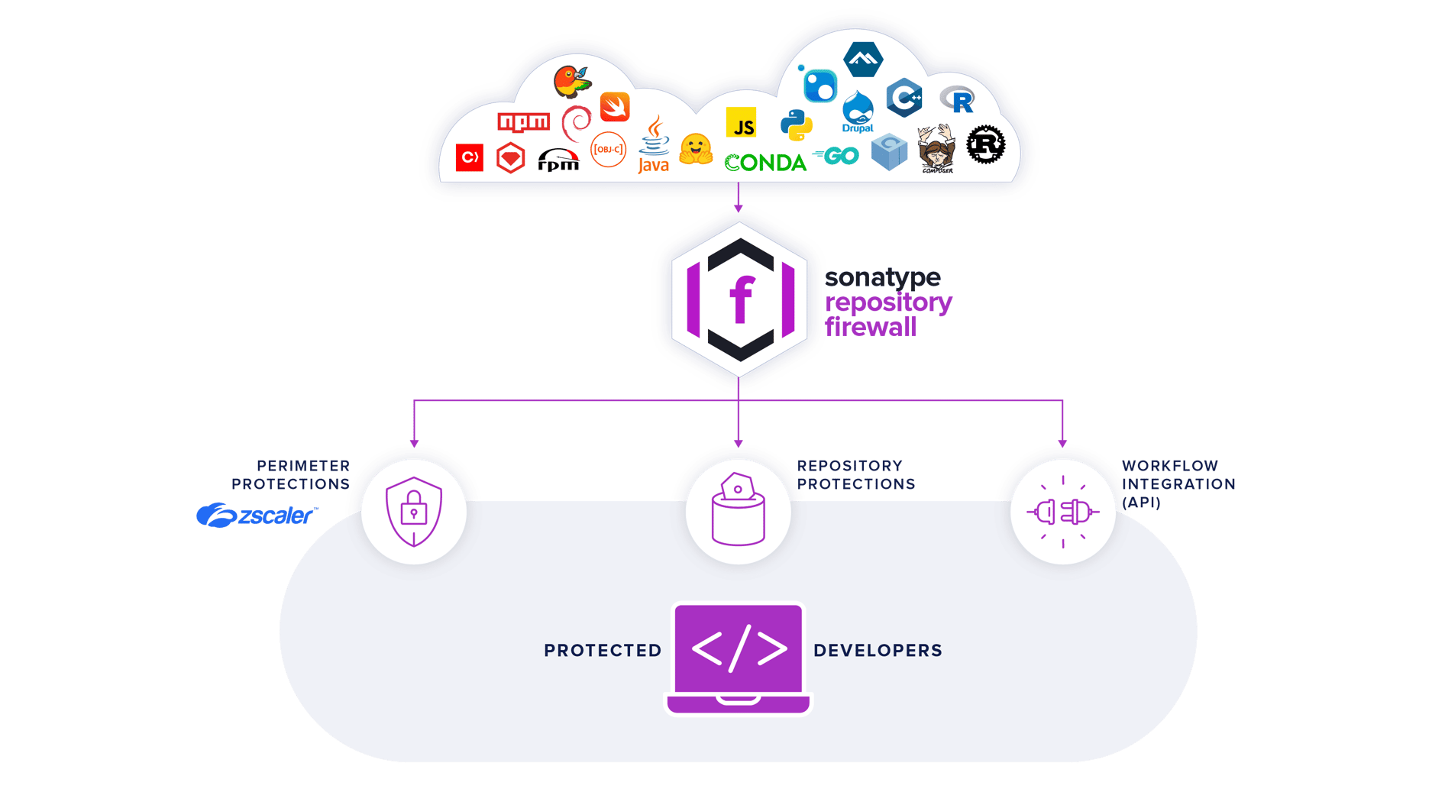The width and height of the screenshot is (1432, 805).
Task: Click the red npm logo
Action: (523, 122)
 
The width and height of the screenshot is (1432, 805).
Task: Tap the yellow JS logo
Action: (741, 123)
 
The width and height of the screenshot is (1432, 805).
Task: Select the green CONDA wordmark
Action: (765, 163)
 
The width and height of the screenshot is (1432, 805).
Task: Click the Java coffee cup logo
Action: (654, 145)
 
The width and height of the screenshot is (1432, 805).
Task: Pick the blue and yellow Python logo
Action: (796, 124)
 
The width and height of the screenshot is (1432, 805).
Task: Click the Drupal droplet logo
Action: (858, 112)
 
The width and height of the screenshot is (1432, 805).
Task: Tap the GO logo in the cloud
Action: (837, 156)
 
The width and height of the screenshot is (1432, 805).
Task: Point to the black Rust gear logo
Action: (985, 144)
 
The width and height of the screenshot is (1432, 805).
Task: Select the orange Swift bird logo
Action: (615, 107)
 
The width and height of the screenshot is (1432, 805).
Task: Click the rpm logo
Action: (558, 160)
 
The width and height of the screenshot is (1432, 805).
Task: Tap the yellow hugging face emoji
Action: (696, 150)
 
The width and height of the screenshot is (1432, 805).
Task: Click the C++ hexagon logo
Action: (904, 98)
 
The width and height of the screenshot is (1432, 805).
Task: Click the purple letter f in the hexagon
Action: (740, 301)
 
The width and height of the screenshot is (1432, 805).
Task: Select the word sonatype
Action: (882, 277)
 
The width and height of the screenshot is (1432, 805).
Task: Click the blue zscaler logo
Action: (256, 516)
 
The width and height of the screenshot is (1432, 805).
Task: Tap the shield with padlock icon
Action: (414, 511)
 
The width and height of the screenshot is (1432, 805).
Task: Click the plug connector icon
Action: (1062, 512)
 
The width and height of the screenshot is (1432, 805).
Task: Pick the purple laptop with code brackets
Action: (739, 657)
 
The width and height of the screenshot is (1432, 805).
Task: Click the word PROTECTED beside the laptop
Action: (603, 651)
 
